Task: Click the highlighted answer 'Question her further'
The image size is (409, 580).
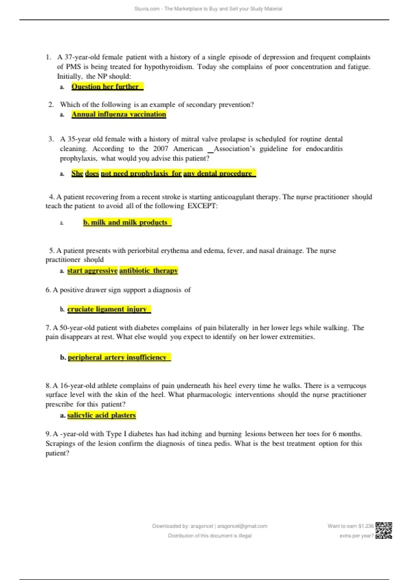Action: click(107, 87)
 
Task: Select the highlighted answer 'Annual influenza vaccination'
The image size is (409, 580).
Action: click(119, 114)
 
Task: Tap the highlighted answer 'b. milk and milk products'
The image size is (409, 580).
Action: click(127, 222)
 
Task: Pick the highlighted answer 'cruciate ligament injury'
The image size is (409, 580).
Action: click(108, 309)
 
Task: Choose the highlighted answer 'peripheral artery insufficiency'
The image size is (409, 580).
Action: click(119, 357)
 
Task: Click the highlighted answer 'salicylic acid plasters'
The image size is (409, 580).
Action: click(101, 415)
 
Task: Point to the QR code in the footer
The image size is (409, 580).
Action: click(384, 531)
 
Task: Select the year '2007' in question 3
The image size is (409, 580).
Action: click(161, 149)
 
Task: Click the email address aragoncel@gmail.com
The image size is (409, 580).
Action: click(242, 526)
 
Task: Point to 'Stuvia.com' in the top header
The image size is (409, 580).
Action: click(147, 9)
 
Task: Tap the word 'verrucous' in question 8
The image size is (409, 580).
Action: click(351, 386)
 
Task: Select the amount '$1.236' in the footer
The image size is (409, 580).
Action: click(366, 526)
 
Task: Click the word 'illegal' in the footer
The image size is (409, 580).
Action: click(245, 536)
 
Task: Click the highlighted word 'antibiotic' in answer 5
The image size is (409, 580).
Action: click(135, 271)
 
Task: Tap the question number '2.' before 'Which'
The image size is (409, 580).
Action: click(51, 105)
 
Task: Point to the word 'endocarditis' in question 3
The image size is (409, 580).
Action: click(324, 149)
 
